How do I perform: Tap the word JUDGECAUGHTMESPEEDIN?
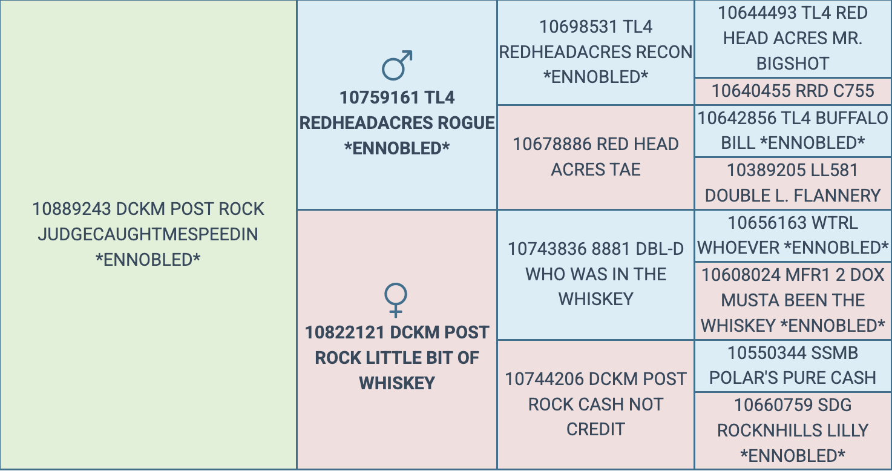[148, 234]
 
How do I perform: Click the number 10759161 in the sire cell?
[379, 98]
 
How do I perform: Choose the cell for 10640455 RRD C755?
[793, 91]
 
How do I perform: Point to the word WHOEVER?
[738, 248]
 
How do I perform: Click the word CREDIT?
[595, 430]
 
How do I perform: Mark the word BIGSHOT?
[793, 64]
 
